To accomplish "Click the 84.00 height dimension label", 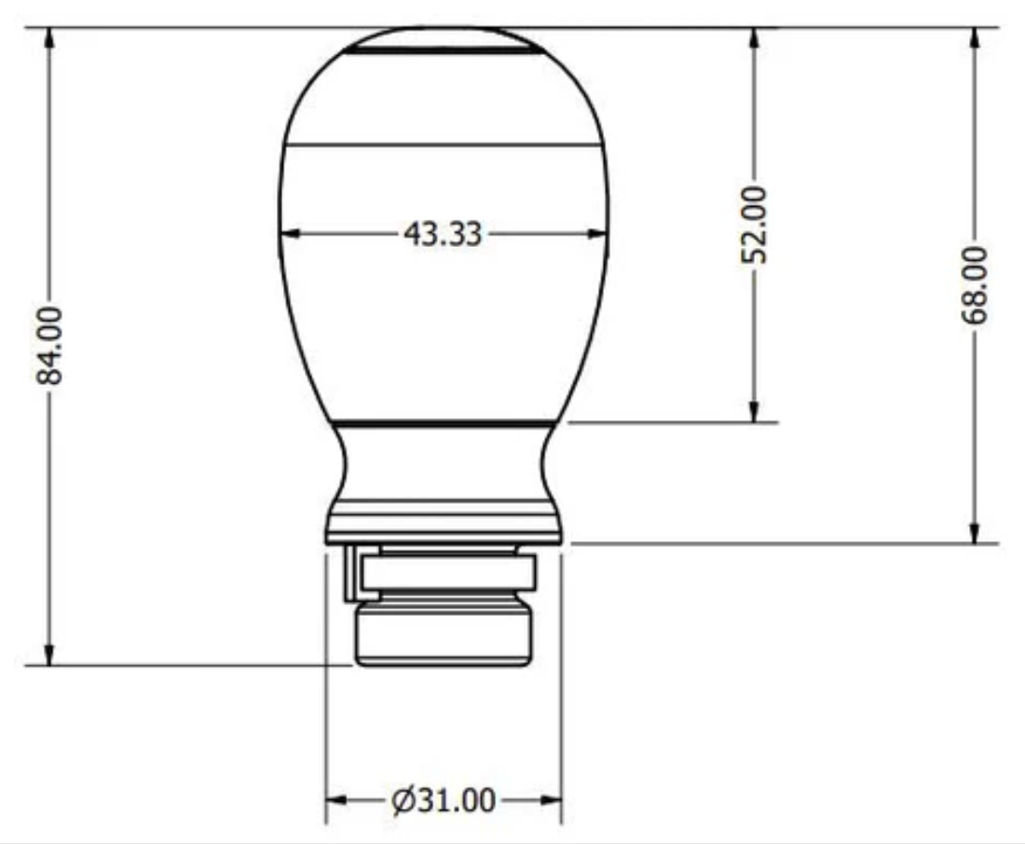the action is [49, 346].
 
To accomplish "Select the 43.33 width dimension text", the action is [443, 234].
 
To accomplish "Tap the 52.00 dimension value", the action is [754, 225].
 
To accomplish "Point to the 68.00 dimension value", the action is [974, 285].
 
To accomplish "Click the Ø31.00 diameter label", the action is [444, 800].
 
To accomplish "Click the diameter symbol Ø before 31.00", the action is [403, 801].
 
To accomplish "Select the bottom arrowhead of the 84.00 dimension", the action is [49, 654].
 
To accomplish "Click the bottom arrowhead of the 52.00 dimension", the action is [754, 411].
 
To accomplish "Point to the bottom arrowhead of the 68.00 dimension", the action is [974, 532].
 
